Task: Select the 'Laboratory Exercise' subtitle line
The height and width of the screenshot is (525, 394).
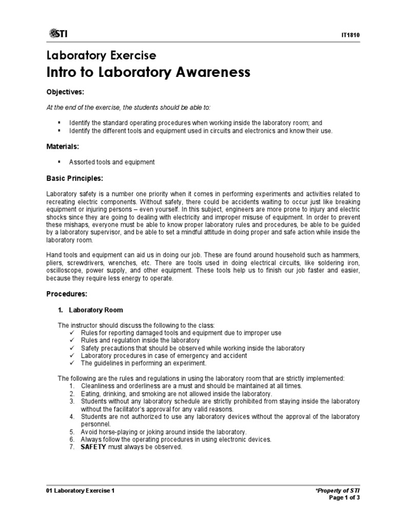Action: [101, 55]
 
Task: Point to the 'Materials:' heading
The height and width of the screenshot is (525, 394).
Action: [63, 147]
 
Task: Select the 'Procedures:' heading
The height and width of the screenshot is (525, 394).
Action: [67, 294]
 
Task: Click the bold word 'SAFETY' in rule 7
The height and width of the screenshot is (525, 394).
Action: [92, 447]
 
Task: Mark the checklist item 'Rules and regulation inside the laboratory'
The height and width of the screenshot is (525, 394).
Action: [140, 340]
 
